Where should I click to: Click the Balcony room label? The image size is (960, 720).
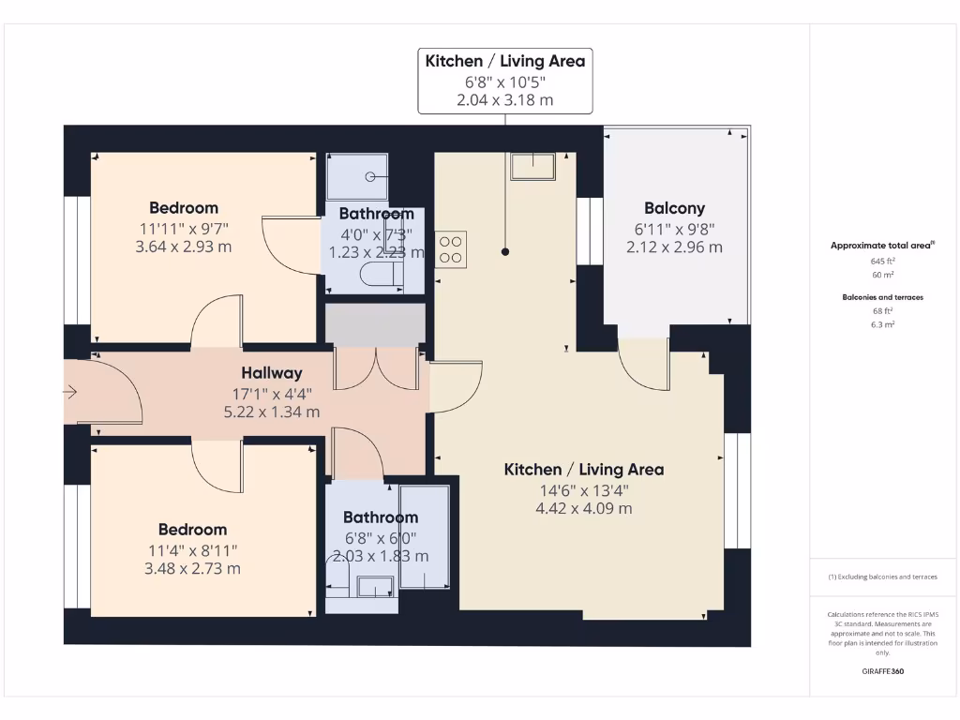[674, 208]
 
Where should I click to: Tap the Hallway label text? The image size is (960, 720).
[271, 373]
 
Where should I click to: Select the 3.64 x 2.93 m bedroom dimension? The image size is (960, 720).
[184, 247]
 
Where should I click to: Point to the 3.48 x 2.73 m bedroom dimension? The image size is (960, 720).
[192, 569]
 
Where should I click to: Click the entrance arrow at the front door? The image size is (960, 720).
[70, 393]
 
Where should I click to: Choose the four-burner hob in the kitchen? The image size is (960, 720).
[451, 249]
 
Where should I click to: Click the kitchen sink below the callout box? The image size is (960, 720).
[532, 167]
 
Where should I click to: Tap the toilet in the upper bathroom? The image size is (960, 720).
[382, 274]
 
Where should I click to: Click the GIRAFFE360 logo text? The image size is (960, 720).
[882, 671]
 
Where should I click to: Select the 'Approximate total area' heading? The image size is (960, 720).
[881, 246]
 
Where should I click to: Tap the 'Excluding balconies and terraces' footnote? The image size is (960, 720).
[882, 577]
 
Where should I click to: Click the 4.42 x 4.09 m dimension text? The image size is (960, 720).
[583, 509]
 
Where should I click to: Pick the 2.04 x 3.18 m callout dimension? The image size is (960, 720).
[504, 99]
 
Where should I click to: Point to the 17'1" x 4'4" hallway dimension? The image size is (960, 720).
[271, 394]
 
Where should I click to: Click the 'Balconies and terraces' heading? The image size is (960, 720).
[882, 297]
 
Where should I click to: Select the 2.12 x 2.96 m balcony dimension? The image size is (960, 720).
[674, 247]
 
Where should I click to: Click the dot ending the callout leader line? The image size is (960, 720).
[504, 252]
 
